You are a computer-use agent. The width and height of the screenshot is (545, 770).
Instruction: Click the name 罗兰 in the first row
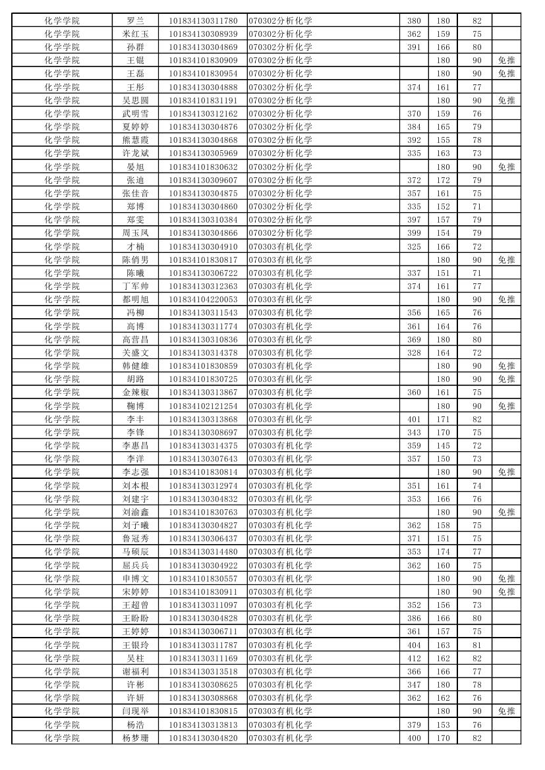click(135, 20)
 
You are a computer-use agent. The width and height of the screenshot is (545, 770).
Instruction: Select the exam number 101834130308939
click(203, 34)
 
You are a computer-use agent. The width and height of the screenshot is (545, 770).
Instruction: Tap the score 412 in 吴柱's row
click(414, 658)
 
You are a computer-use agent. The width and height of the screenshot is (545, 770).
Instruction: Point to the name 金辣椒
click(135, 393)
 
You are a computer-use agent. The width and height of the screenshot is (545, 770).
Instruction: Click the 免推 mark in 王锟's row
click(506, 60)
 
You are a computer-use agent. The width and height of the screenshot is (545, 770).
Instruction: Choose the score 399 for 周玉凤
click(414, 233)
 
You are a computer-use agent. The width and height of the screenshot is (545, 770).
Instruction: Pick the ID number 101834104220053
click(203, 300)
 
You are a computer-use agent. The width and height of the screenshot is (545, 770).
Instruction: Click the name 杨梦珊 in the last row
click(135, 738)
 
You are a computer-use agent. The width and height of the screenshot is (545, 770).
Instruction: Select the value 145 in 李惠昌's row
click(443, 445)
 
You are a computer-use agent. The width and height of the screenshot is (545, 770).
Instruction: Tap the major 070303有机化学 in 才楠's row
click(280, 246)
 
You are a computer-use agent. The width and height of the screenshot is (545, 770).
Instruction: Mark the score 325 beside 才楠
click(414, 246)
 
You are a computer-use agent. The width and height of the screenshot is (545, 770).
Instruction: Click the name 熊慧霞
click(135, 140)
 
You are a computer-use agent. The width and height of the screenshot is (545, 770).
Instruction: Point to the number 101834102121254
click(203, 406)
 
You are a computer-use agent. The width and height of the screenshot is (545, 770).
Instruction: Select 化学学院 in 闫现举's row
click(62, 711)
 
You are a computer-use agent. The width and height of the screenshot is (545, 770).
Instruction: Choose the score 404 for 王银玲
click(414, 645)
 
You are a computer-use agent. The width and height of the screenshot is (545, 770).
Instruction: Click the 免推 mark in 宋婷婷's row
click(506, 591)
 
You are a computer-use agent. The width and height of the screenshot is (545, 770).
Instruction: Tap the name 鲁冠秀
click(135, 539)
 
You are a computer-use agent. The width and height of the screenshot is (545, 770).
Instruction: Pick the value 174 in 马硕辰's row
click(443, 552)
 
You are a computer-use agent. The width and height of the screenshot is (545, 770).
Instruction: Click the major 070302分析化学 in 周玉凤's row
click(280, 233)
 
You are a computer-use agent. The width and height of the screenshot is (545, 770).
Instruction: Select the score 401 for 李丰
click(414, 419)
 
